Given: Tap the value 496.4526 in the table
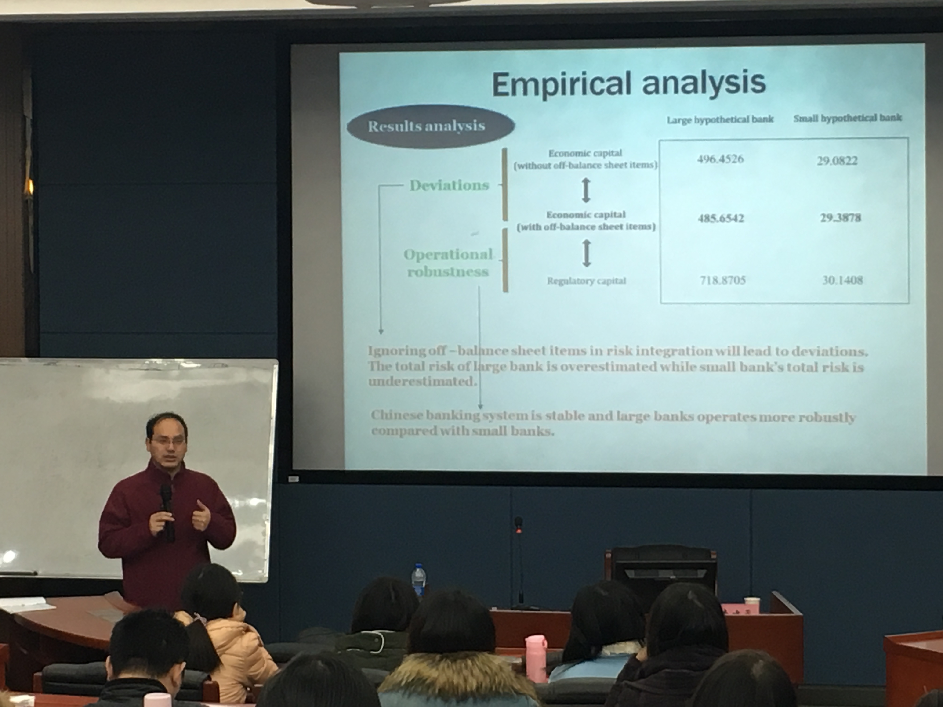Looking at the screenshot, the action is [x=721, y=159].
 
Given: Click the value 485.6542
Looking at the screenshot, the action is [x=721, y=218].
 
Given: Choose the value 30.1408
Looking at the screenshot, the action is [x=842, y=280].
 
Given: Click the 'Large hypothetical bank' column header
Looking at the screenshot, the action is [x=720, y=119].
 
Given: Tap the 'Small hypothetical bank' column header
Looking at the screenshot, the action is [x=848, y=118].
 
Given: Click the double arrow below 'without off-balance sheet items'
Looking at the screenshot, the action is [x=586, y=190].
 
